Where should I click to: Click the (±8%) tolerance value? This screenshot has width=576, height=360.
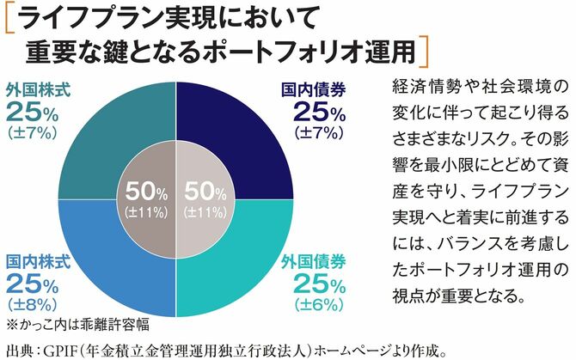(32, 306)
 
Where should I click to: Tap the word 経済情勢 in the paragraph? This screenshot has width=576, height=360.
(412, 87)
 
